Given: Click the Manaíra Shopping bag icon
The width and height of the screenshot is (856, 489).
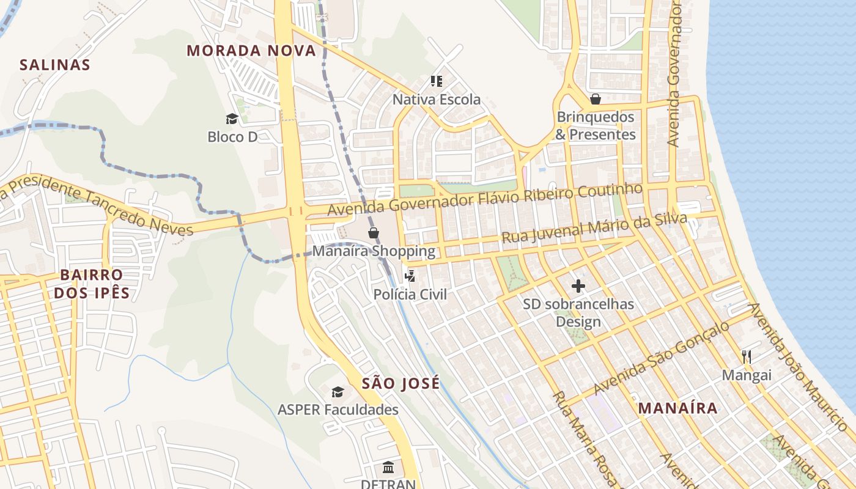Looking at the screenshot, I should coord(374,233).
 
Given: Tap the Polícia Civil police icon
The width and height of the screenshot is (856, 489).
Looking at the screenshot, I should coord(410,276).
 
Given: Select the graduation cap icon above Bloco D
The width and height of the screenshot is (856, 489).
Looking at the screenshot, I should coord(232,119).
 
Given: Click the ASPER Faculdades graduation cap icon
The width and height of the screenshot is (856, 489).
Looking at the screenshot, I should coord(338,392).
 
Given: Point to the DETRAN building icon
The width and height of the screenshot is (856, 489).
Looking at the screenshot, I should coord(388,468).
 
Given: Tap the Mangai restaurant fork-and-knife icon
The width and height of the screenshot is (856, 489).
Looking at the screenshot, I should coord(746,356).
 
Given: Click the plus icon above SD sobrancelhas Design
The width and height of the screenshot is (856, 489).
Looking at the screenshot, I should coord(578,285).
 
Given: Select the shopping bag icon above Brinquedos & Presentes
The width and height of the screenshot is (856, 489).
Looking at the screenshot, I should coord(596,99).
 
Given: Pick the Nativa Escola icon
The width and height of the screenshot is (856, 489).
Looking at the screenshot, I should coord(437,81).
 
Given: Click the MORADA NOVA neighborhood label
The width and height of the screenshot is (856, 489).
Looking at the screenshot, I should coord(251,51).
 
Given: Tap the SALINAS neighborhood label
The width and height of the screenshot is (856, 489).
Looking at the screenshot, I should coord(55,65).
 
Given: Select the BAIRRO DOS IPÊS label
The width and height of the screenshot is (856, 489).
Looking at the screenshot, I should coord(92,284).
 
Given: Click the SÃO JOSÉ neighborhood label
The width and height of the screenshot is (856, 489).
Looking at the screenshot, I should coord(400,383).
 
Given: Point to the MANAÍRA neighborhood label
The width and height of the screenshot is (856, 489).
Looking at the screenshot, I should coord(677,408).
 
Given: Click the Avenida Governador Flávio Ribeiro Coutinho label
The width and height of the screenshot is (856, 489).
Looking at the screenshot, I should coord(485,199).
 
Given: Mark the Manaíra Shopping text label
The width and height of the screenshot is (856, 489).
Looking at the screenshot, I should coord(374,251).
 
